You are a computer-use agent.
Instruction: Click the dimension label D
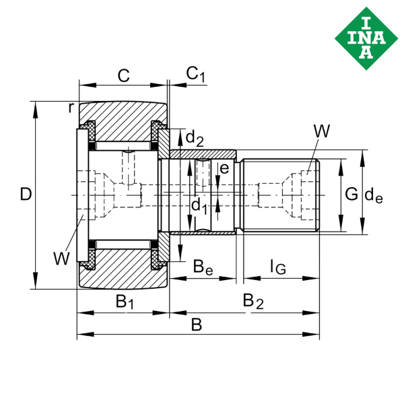click(x=25, y=195)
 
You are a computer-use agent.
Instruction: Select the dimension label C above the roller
click(x=123, y=75)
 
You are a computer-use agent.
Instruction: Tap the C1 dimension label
click(x=195, y=74)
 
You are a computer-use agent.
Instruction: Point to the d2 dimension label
click(x=194, y=139)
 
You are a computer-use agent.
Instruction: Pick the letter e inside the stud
click(x=225, y=168)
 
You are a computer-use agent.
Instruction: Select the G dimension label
click(x=351, y=195)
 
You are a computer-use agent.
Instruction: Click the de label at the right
click(x=374, y=195)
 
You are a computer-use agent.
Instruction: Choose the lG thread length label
click(x=277, y=267)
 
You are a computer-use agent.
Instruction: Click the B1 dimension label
click(x=125, y=301)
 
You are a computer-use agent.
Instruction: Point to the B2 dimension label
click(x=253, y=301)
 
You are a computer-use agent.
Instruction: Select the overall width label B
click(x=196, y=325)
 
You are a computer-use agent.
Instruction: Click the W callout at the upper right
click(x=322, y=131)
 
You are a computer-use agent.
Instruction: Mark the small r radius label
click(x=71, y=106)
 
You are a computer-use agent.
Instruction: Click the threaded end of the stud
click(x=279, y=195)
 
